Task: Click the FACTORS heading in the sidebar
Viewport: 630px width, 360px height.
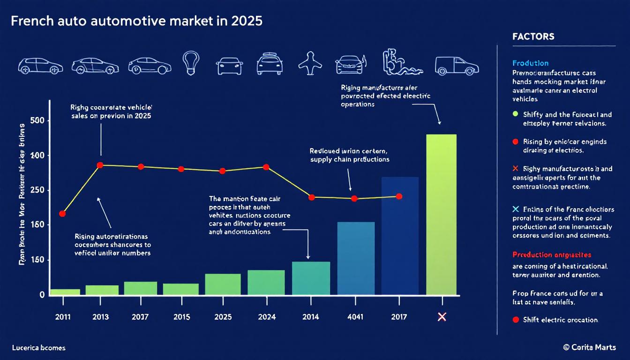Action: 533,37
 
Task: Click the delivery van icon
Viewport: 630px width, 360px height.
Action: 457,66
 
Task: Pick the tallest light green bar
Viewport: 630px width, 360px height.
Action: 441,215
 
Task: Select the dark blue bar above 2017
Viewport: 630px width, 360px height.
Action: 399,236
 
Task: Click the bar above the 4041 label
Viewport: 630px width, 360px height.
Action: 356,258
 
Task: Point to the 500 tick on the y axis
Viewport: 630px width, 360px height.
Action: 37,120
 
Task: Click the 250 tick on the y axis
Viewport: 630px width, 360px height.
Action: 37,190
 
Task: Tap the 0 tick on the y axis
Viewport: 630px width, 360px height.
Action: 42,295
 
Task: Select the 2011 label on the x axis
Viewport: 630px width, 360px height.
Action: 63,317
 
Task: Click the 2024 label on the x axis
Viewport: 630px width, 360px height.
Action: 266,317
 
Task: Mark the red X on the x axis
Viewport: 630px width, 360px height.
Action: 441,317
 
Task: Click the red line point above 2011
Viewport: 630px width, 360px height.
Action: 62,214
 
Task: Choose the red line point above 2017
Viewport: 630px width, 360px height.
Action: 399,196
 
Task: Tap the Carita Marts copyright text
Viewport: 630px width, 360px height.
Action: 590,347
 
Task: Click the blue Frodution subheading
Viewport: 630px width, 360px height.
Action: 531,63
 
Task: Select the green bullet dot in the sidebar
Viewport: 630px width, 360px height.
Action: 516,114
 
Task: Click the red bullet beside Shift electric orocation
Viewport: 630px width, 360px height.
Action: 516,320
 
